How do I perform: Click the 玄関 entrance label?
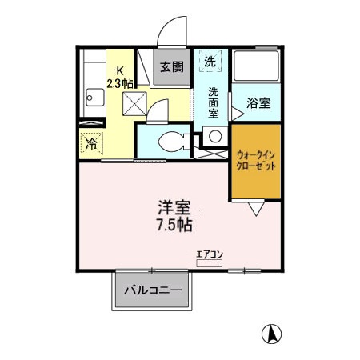coord(170,66)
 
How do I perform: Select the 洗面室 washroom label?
coord(214,102)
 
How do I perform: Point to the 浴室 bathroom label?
coord(257,103)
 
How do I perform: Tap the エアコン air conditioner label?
coord(210,254)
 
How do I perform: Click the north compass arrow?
coord(273,333)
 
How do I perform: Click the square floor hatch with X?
coord(133,102)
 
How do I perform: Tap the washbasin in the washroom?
coord(214,137)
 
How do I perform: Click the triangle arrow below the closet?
coord(256,209)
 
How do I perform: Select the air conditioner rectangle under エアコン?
coord(210,262)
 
